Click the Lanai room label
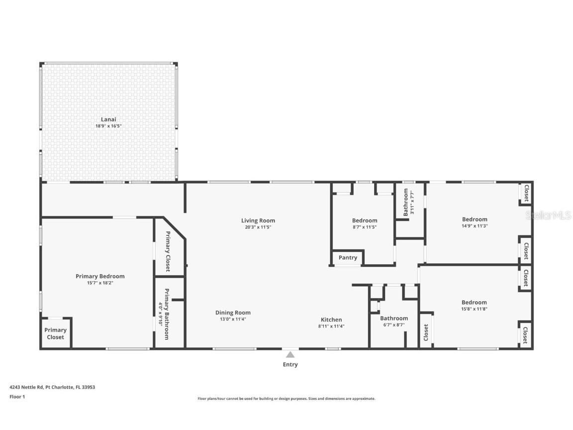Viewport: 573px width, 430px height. click(108, 119)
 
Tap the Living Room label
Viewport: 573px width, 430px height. click(258, 220)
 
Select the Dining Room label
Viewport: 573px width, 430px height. click(233, 313)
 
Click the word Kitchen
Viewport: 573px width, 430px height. click(331, 320)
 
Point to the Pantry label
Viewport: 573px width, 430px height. click(348, 258)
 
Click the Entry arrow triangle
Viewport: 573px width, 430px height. click(290, 354)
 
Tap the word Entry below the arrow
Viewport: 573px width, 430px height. click(290, 365)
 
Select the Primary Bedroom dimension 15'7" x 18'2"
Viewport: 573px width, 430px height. click(100, 283)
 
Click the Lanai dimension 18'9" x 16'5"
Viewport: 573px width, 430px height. click(108, 126)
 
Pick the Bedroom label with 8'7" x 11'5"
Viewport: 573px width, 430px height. click(365, 220)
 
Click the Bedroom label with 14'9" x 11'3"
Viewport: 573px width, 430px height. click(475, 219)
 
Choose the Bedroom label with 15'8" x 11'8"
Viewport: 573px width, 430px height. click(474, 302)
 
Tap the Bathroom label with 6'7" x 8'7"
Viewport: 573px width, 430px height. click(394, 319)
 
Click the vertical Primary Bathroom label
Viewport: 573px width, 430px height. click(167, 314)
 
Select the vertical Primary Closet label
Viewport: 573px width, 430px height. click(168, 251)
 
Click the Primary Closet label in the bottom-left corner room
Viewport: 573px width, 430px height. click(55, 333)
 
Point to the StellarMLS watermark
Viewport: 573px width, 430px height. click(548, 215)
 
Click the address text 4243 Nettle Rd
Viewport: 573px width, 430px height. click(27, 387)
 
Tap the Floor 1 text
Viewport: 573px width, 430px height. click(17, 397)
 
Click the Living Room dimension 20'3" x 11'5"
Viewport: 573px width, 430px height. click(258, 227)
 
